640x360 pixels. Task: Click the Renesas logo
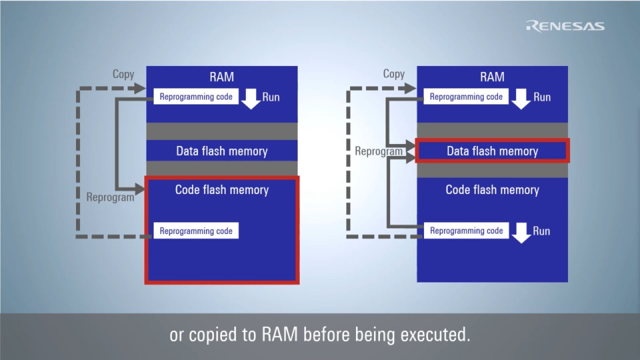coord(565,26)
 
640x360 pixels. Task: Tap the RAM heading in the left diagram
coord(222,77)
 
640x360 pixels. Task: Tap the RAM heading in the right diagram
coord(492,77)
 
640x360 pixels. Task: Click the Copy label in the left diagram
coord(123,74)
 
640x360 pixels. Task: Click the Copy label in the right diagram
coord(394,74)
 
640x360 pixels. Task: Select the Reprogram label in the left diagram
coord(110,197)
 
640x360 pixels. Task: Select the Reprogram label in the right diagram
coord(379,151)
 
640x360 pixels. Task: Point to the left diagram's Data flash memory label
coord(222,151)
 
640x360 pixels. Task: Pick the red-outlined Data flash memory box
coord(492,151)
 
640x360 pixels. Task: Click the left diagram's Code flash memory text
coord(222,190)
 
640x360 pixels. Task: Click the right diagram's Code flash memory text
coord(492,190)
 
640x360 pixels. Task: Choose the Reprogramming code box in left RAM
coord(196,97)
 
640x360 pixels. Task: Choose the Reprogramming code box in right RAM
coord(466,97)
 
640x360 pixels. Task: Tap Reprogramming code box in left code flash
coord(196,231)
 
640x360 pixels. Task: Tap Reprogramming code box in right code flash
coord(466,231)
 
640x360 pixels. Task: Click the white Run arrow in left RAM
coord(251,98)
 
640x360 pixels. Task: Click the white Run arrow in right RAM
coord(521,98)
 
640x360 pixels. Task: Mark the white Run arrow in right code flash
coord(521,232)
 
